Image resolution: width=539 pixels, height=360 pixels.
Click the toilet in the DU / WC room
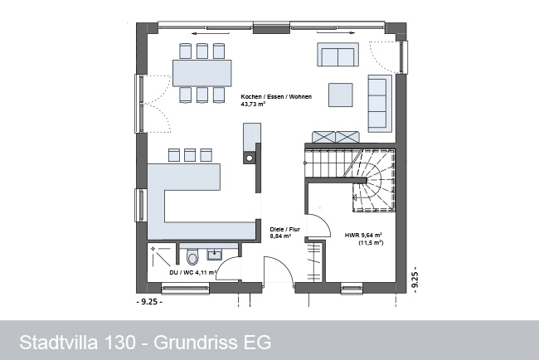(x=193, y=258)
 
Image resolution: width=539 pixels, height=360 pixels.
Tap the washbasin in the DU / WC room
(x=215, y=254)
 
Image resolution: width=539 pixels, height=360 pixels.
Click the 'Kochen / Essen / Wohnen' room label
(x=276, y=96)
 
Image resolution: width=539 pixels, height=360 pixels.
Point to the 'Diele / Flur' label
(x=284, y=229)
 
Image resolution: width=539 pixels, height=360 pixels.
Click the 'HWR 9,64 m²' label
(x=363, y=236)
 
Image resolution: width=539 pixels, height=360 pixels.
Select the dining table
(x=202, y=73)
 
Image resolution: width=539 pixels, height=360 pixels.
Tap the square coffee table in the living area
(x=341, y=95)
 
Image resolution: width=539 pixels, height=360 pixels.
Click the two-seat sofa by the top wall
(x=337, y=54)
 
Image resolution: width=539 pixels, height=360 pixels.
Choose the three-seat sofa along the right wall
(x=380, y=103)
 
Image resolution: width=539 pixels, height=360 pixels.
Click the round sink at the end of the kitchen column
(x=250, y=158)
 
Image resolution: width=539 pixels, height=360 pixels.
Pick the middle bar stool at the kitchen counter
(x=190, y=155)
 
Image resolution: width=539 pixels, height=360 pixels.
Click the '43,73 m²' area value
(x=253, y=104)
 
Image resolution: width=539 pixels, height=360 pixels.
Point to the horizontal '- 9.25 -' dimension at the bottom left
(x=149, y=302)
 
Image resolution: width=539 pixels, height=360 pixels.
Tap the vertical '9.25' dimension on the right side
(x=415, y=280)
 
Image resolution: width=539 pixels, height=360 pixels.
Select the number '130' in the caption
(x=120, y=343)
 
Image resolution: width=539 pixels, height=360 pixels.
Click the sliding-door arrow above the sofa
(x=336, y=33)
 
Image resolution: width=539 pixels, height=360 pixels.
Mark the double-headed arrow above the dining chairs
(x=211, y=33)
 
